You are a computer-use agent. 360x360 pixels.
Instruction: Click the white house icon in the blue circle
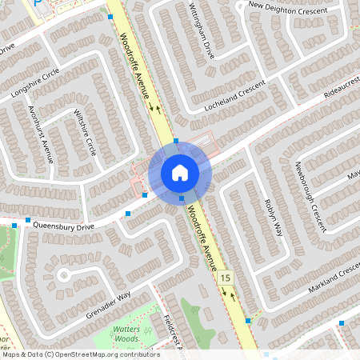point(180,172)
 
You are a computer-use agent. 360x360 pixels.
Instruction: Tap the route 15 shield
point(226,278)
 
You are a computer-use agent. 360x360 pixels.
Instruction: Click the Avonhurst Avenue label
point(40,133)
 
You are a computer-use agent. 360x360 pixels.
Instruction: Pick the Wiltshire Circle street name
point(84,133)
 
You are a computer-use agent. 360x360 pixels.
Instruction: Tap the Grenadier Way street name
point(107,305)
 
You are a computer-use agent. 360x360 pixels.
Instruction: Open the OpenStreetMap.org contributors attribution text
point(80,354)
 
